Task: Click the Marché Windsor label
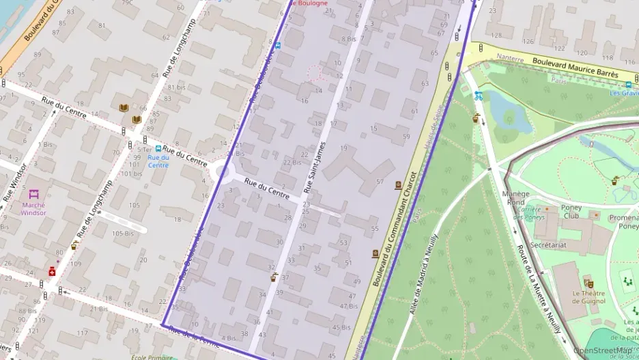point(33,208)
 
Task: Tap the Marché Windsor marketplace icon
point(33,194)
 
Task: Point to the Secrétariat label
point(549,244)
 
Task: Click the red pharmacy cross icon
point(52,271)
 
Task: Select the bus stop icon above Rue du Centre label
point(158,148)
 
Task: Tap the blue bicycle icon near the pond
point(479,96)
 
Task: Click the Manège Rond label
point(516,197)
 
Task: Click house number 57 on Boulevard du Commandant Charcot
point(380,183)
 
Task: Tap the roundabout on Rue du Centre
point(225,172)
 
